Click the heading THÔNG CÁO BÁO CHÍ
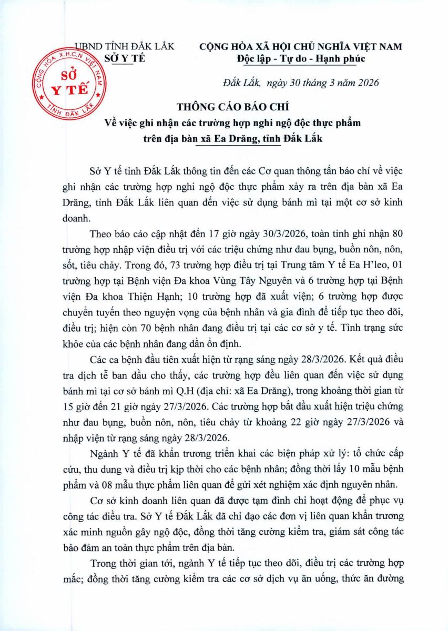point(223,108)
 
